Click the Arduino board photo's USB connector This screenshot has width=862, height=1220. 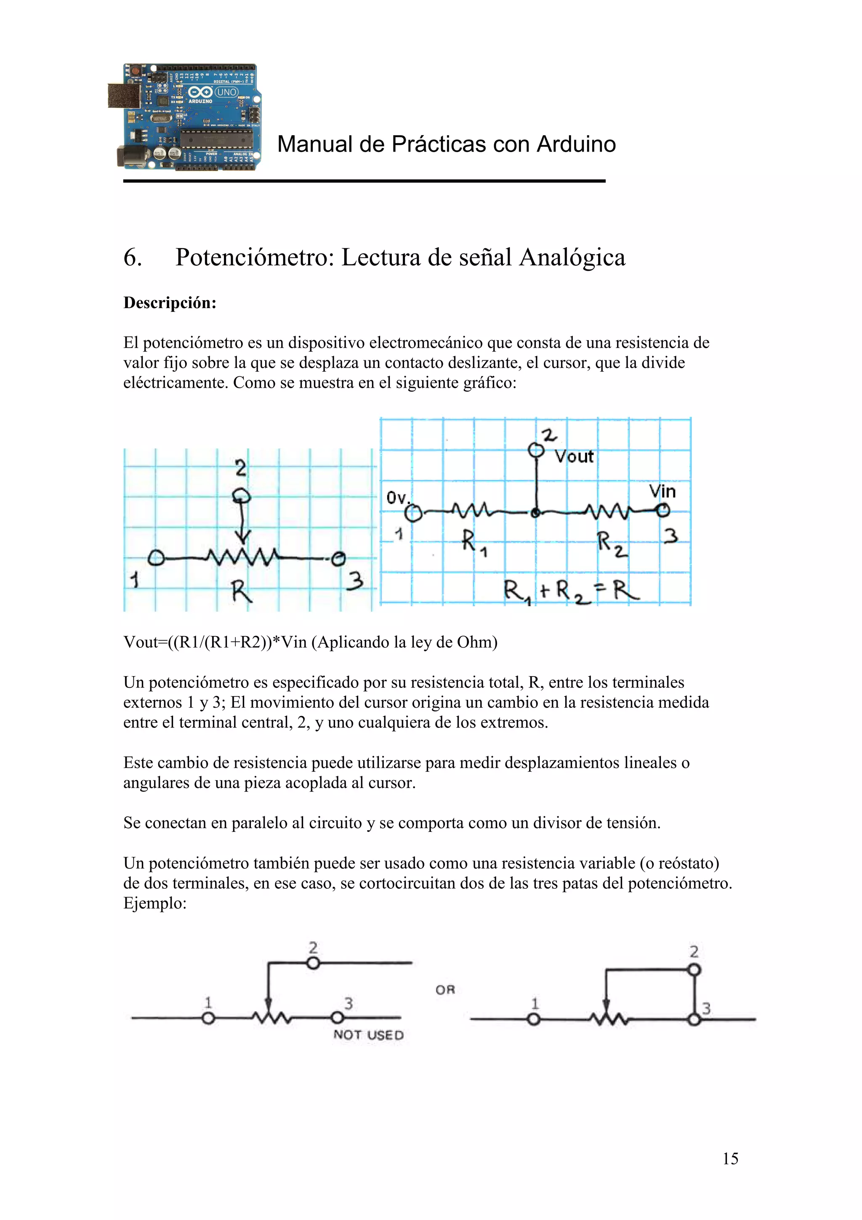click(124, 95)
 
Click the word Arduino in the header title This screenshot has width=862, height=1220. click(576, 144)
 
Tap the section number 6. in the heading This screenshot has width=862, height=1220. click(132, 258)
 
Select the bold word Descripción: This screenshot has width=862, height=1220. click(170, 303)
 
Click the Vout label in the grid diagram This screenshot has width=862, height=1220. click(574, 456)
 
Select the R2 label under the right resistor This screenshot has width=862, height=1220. click(611, 543)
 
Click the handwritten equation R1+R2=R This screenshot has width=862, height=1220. click(571, 591)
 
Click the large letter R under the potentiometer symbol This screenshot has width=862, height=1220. click(242, 591)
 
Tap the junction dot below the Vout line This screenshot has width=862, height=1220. click(536, 513)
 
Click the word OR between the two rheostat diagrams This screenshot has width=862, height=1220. click(445, 990)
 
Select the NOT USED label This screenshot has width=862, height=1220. click(368, 1035)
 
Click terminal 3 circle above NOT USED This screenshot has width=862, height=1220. click(337, 1018)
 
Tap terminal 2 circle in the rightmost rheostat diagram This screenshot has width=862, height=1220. click(694, 970)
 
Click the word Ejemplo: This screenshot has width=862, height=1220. click(154, 903)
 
